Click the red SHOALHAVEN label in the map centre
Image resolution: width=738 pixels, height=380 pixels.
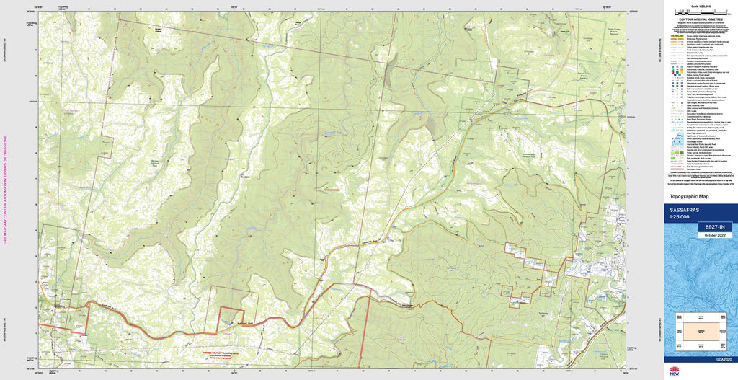tap(331, 190)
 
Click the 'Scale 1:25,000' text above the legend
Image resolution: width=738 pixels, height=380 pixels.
tap(698, 6)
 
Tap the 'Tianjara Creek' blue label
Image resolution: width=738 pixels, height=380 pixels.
tap(331, 133)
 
